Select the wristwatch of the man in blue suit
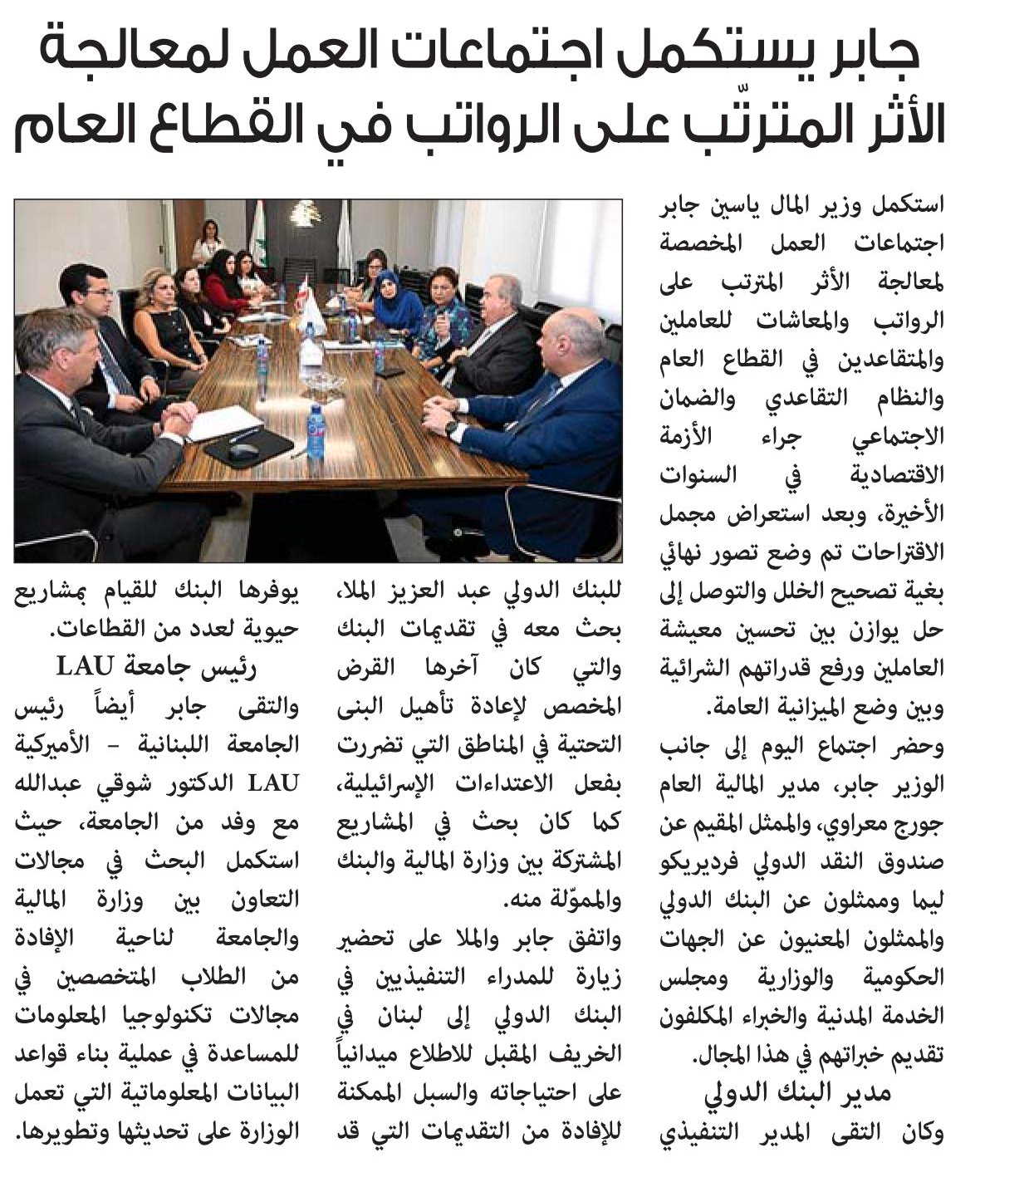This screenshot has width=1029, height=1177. (x=452, y=429)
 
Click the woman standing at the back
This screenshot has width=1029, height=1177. (x=208, y=241)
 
